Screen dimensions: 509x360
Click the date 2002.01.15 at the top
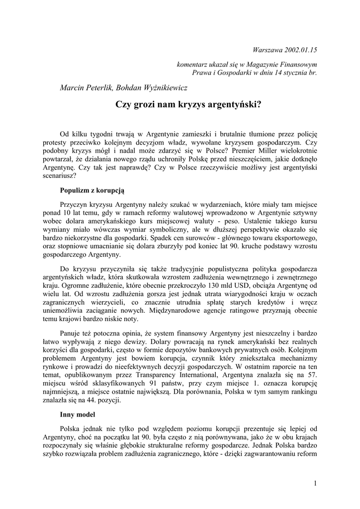pyautogui.click(x=300, y=50)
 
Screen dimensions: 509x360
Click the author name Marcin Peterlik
pyautogui.click(x=86, y=88)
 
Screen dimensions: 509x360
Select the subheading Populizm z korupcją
pyautogui.click(x=92, y=190)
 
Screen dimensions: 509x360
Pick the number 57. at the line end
pyautogui.click(x=310, y=375)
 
